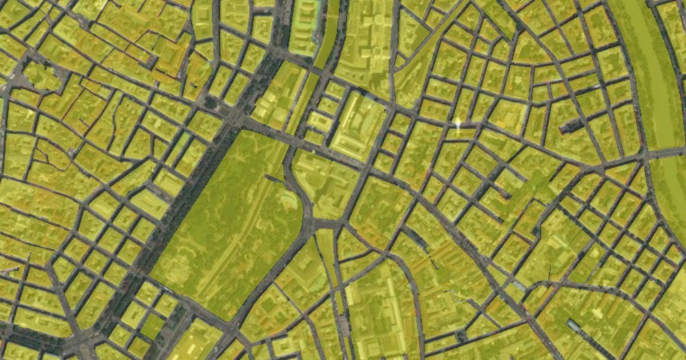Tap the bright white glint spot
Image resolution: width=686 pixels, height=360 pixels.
(458, 124)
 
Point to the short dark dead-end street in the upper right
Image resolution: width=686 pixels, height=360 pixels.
(573, 125)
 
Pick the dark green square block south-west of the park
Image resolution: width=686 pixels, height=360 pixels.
(152, 326)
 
